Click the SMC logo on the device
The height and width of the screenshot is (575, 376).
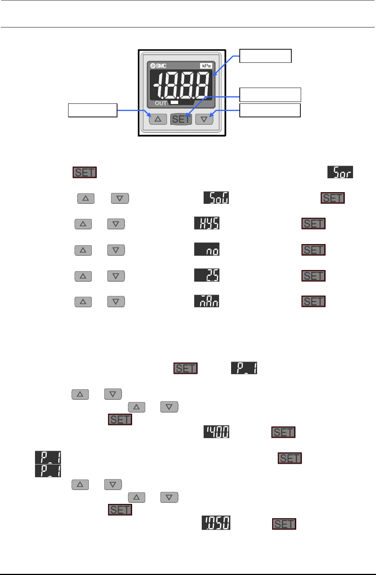click(x=159, y=66)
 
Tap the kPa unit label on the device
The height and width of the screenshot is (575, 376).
click(x=206, y=66)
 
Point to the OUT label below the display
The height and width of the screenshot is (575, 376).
click(x=161, y=103)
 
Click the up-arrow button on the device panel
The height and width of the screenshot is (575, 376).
click(x=158, y=119)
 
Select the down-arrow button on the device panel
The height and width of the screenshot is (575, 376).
click(x=204, y=119)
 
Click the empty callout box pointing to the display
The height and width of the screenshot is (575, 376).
click(x=265, y=56)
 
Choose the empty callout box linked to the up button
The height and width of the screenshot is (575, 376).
click(x=93, y=110)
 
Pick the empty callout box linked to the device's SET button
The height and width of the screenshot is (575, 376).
click(x=270, y=94)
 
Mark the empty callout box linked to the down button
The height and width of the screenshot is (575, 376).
click(x=270, y=110)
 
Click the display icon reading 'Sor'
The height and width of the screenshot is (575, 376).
click(x=340, y=172)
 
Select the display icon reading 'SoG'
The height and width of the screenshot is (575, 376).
click(x=216, y=198)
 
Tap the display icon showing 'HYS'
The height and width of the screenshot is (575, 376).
click(x=207, y=223)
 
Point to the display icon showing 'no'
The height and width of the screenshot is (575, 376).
click(x=207, y=249)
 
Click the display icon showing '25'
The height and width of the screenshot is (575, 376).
click(x=207, y=275)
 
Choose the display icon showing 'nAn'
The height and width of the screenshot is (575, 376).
click(x=207, y=301)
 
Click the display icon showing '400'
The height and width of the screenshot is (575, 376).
click(x=216, y=432)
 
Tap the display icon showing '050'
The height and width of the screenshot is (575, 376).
click(x=216, y=523)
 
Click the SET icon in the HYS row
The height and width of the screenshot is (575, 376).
click(x=313, y=224)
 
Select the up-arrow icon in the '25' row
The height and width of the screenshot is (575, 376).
click(x=83, y=276)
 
